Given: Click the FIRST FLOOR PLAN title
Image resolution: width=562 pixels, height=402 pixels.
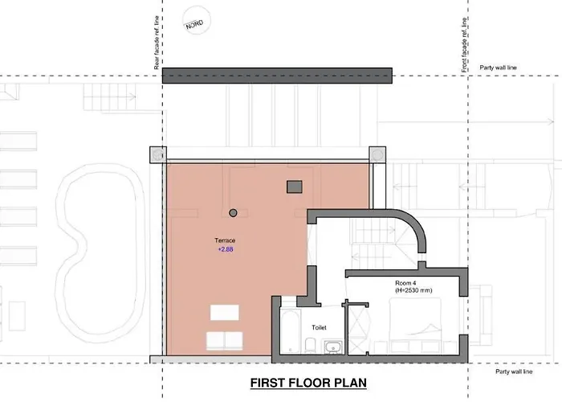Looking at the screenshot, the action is pyautogui.click(x=308, y=383).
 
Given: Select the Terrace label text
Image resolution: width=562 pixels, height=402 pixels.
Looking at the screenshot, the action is pyautogui.click(x=225, y=240).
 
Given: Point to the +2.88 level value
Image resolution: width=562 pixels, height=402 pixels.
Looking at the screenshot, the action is pyautogui.click(x=226, y=249).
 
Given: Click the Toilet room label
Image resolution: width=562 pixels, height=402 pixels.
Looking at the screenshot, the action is pyautogui.click(x=319, y=327).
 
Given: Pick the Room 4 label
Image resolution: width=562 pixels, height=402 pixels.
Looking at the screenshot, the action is pyautogui.click(x=405, y=283).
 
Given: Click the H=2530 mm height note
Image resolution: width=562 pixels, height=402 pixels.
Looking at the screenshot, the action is pyautogui.click(x=413, y=290).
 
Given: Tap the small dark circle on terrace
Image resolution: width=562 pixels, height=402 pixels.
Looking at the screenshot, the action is pyautogui.click(x=233, y=213).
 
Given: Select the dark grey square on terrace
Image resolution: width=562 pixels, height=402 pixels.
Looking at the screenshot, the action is pyautogui.click(x=295, y=187).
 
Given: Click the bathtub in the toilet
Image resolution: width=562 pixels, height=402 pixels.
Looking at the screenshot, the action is pyautogui.click(x=290, y=331).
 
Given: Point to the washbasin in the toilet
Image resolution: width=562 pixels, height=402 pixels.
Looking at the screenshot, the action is pyautogui.click(x=334, y=347).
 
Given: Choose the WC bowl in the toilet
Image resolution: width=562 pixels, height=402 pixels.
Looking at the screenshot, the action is pyautogui.click(x=310, y=345).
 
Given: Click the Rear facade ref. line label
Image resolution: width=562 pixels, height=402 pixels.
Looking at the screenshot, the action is pyautogui.click(x=157, y=43).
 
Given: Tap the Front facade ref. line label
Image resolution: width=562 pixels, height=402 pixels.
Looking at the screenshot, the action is pyautogui.click(x=465, y=45).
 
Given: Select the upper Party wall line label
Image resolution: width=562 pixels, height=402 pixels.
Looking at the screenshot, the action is pyautogui.click(x=499, y=68).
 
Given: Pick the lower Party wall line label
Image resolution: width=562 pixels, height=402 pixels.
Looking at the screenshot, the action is pyautogui.click(x=514, y=371).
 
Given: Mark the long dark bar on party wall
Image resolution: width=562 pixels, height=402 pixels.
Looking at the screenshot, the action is pyautogui.click(x=277, y=76).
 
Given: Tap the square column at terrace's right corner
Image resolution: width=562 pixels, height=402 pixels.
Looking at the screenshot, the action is pyautogui.click(x=377, y=154).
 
